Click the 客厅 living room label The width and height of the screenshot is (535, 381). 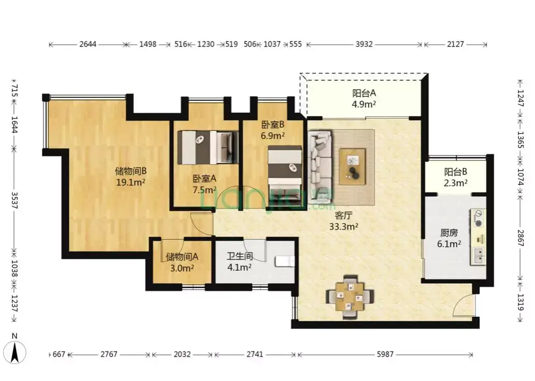coord(343,215)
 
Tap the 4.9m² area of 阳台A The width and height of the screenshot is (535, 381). coord(364,104)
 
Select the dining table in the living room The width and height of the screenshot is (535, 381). coord(349,297)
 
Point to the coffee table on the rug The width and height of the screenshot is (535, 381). coord(352,167)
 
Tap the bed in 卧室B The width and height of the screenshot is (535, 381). coord(285,176)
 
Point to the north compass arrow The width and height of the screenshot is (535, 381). coord(14,353)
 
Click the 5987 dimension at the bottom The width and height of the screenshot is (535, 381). coord(385,355)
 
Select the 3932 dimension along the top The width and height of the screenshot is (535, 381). coord(364,44)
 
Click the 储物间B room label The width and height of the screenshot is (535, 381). coord(131,171)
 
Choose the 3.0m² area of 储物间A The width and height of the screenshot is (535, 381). coord(182,268)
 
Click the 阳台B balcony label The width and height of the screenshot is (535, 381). coord(455,172)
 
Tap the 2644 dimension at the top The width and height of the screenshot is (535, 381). coord(87,44)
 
